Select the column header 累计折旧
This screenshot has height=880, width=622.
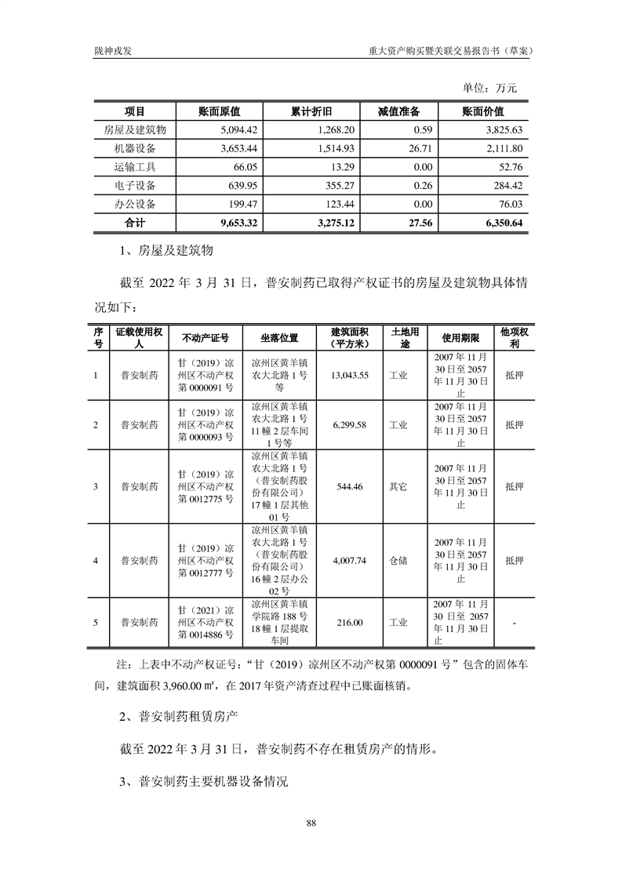pos(309,111)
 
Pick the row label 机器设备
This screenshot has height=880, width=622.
pos(135,148)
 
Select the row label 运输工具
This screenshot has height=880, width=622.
pos(135,167)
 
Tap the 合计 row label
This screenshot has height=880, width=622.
pos(135,223)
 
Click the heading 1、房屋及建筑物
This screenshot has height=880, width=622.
pos(165,253)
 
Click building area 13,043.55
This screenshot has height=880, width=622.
pos(350,376)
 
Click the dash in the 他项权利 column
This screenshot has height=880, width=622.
pos(514,623)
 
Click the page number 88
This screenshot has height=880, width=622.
pos(311,823)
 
